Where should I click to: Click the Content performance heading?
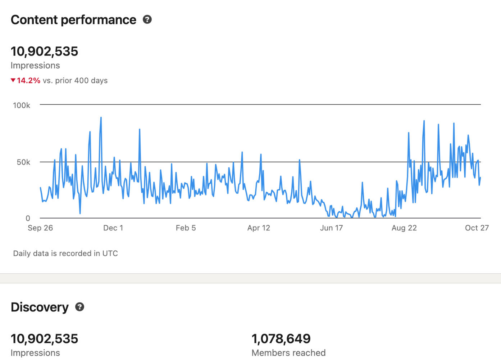(73, 20)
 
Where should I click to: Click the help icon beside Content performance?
(147, 19)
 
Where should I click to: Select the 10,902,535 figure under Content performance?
(44, 51)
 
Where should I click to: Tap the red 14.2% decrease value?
(28, 81)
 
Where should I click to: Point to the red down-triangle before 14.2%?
(13, 80)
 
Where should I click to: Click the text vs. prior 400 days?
(75, 81)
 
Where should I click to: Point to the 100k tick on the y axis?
(22, 105)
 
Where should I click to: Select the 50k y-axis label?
(23, 162)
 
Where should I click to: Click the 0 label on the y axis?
(28, 218)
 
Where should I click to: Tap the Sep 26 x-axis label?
(40, 228)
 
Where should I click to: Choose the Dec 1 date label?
(113, 228)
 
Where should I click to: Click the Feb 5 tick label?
(186, 228)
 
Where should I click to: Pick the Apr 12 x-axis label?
(259, 228)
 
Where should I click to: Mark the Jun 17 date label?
(331, 228)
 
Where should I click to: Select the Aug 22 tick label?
(404, 228)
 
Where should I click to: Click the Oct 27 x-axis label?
(477, 228)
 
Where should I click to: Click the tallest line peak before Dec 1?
(101, 118)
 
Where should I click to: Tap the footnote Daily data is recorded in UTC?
(65, 253)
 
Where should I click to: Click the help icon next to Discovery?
(79, 307)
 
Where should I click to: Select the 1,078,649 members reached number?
(281, 339)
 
